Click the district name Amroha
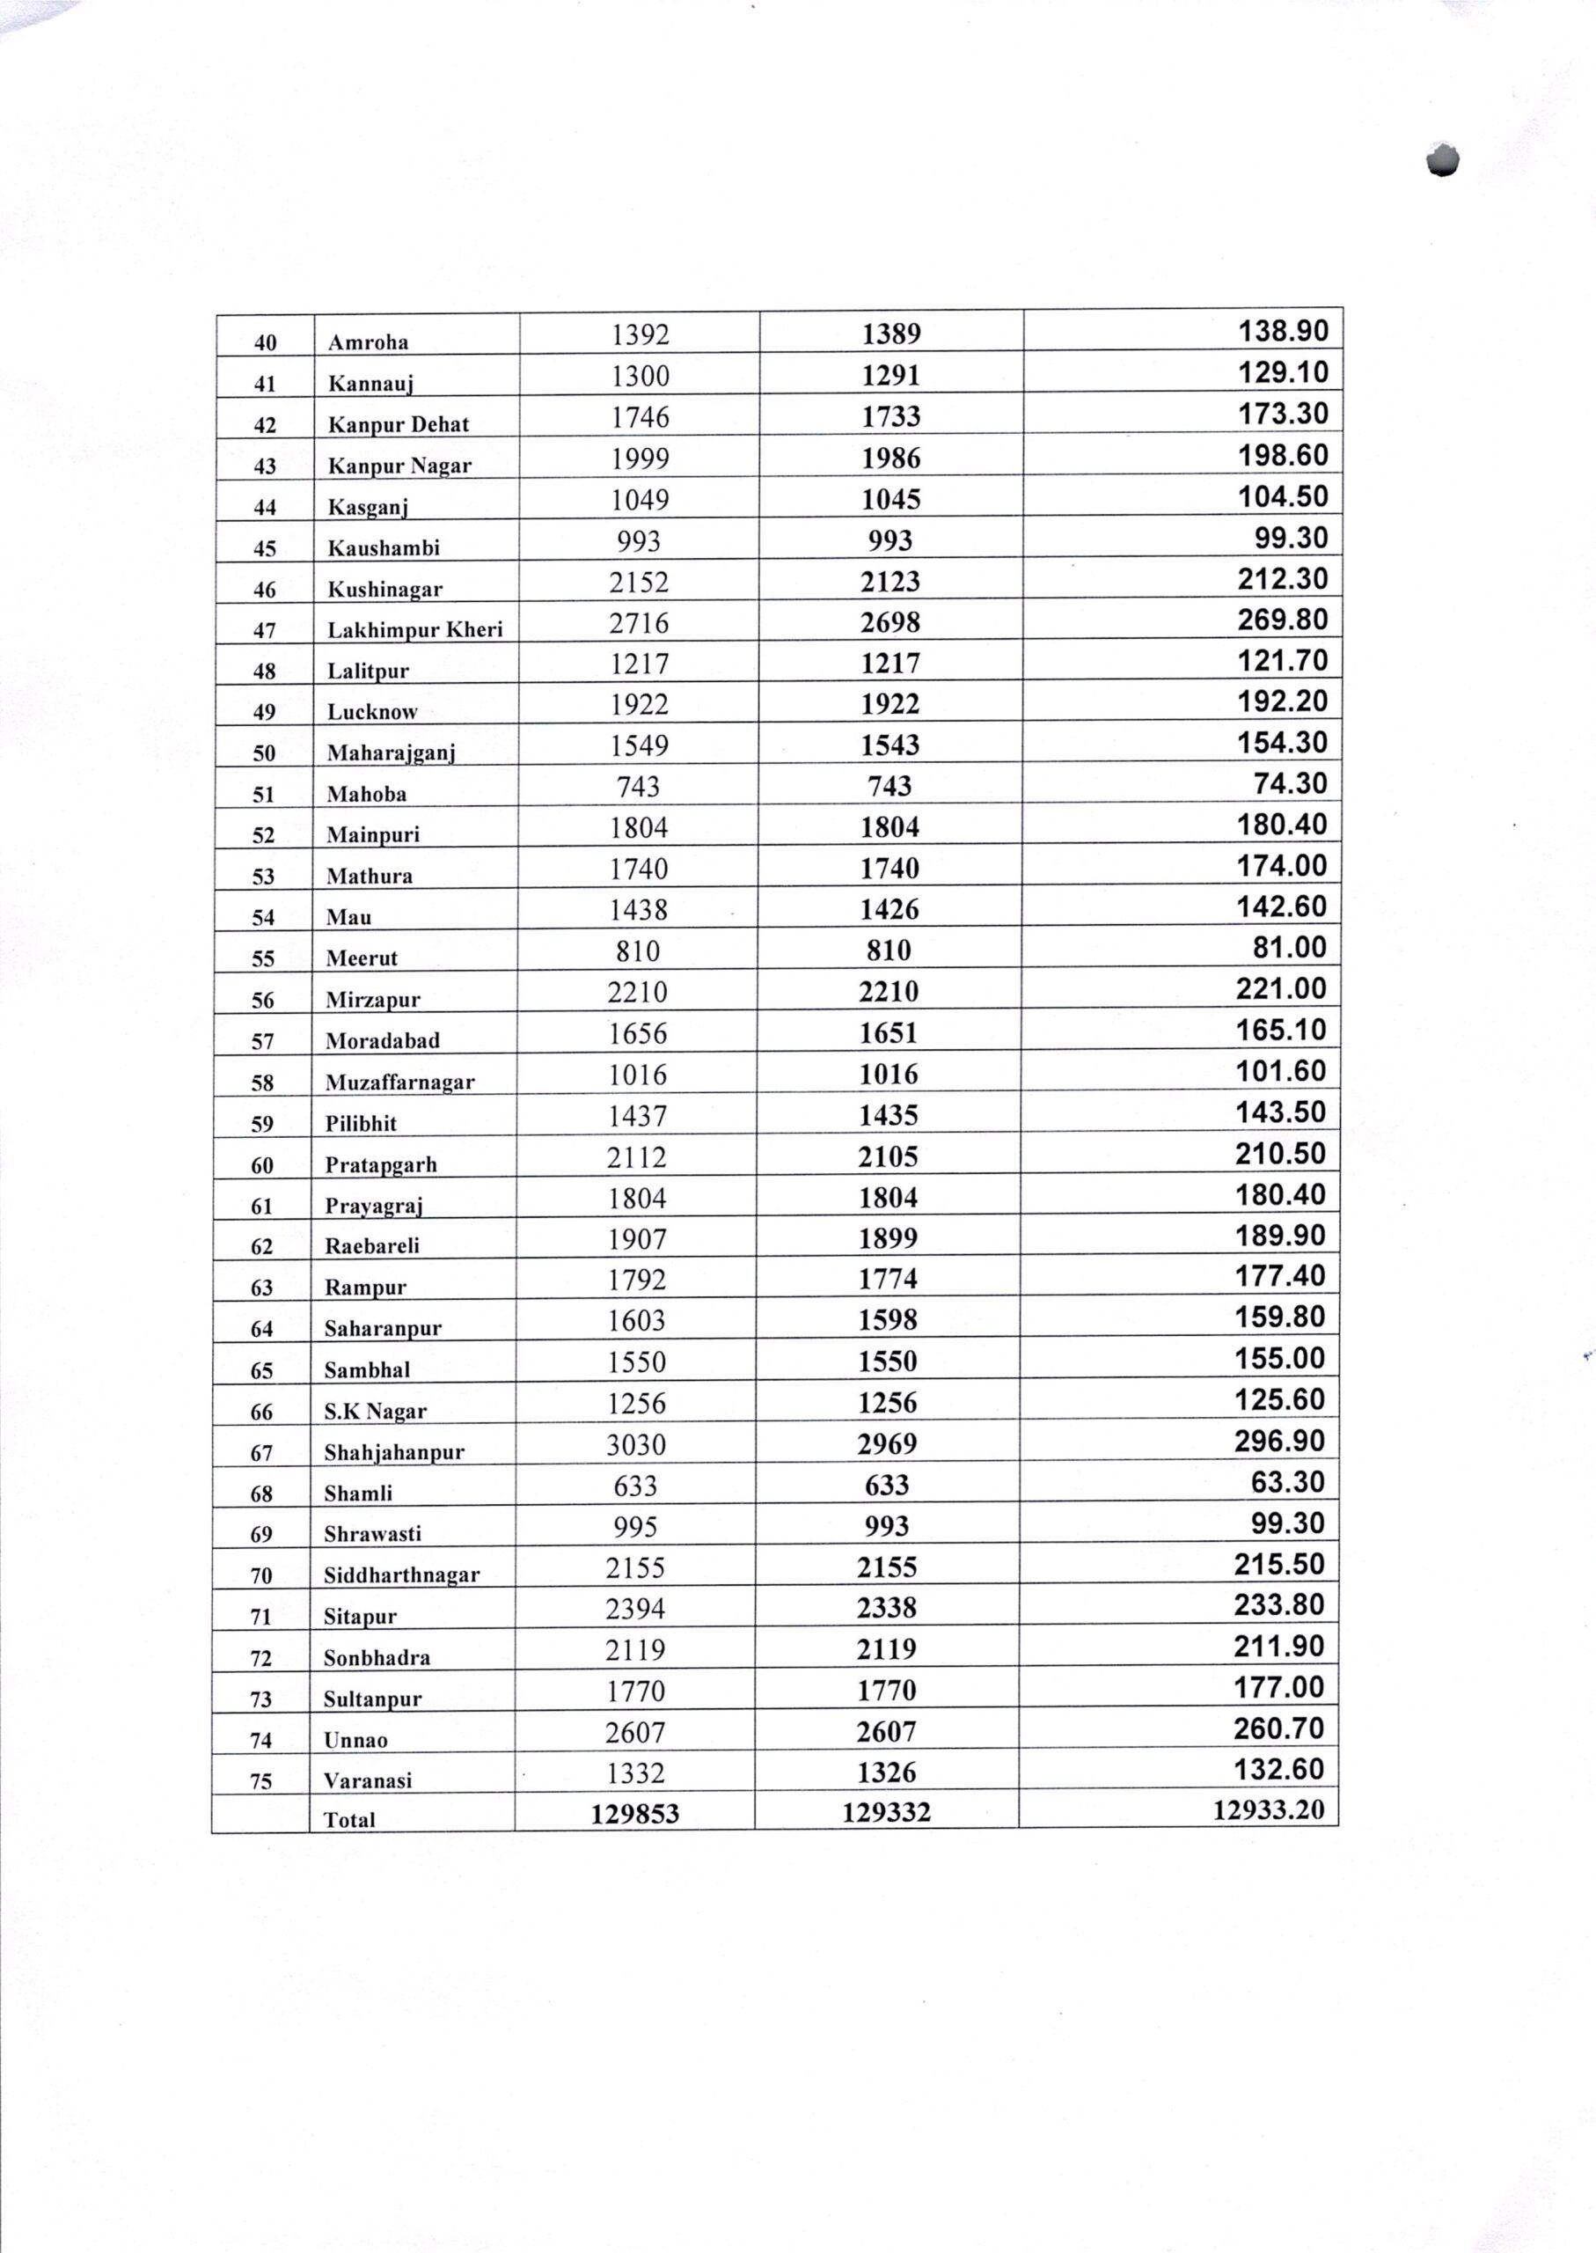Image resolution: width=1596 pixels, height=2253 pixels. pyautogui.click(x=368, y=342)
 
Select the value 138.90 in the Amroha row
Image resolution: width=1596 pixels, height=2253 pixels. pyautogui.click(x=1283, y=330)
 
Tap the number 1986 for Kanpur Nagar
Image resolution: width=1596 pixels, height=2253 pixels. pyautogui.click(x=890, y=458)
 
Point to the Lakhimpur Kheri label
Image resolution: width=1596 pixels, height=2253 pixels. pyautogui.click(x=414, y=629)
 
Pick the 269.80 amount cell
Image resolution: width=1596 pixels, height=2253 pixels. pyautogui.click(x=1282, y=620)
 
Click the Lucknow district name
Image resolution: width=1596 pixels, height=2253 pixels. pyautogui.click(x=371, y=712)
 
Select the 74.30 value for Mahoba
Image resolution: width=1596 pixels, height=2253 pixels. pyautogui.click(x=1291, y=783)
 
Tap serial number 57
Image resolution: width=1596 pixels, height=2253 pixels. pyautogui.click(x=262, y=1041)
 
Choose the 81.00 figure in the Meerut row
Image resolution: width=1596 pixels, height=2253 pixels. pyautogui.click(x=1291, y=948)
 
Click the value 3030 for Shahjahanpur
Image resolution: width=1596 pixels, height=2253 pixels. pyautogui.click(x=636, y=1444)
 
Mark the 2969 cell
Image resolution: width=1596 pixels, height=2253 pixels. pyautogui.click(x=888, y=1444)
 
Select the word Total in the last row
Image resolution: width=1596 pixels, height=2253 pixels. pyautogui.click(x=349, y=1819)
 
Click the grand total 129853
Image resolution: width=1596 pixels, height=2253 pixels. pyautogui.click(x=635, y=1814)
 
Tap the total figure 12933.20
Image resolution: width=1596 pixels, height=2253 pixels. pyautogui.click(x=1269, y=1809)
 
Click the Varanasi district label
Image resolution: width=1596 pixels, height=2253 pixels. pyautogui.click(x=368, y=1780)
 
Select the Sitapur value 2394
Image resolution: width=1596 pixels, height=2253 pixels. pyautogui.click(x=635, y=1608)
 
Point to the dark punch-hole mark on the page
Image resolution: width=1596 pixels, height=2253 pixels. pyautogui.click(x=1442, y=160)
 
